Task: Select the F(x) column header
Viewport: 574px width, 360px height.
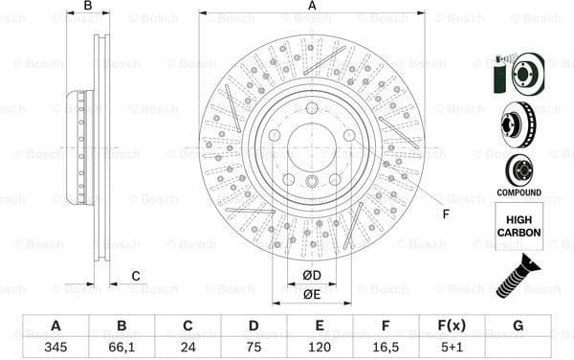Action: tap(452, 326)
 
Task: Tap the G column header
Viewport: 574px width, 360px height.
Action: tap(518, 326)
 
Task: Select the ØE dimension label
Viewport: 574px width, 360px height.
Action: tap(312, 294)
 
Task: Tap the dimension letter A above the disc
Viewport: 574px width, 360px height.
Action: tap(312, 6)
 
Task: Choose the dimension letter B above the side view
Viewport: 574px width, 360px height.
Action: tap(87, 6)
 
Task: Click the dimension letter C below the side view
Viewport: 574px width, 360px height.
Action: tap(135, 277)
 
